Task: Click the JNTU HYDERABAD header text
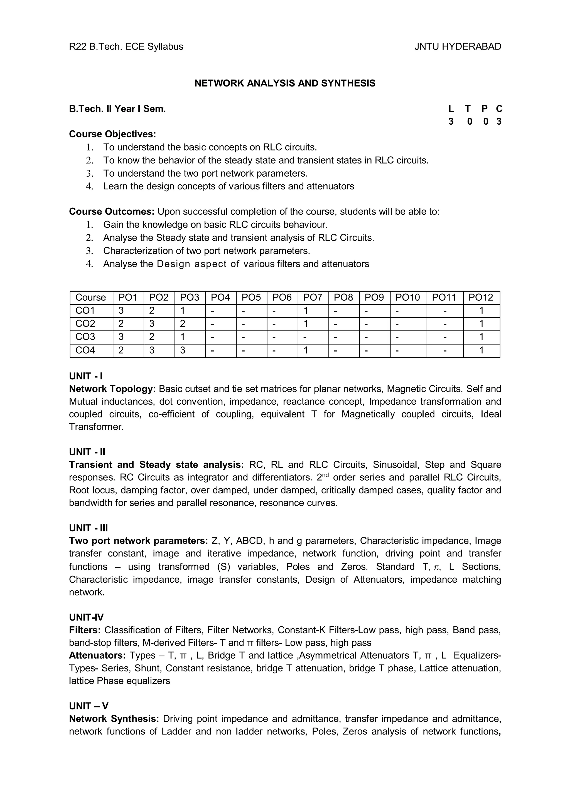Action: coord(457,47)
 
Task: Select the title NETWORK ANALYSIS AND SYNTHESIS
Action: coord(285,83)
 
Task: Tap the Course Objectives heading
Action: coord(112,134)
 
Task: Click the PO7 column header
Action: coord(313,298)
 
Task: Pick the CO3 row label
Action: coord(85,337)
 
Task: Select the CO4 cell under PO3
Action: coord(183,350)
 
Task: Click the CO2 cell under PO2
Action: coord(152,324)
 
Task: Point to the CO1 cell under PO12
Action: coord(481,311)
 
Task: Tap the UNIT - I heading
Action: coord(86,376)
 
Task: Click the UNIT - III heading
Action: coord(88,528)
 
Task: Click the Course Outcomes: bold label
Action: coord(112,212)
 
